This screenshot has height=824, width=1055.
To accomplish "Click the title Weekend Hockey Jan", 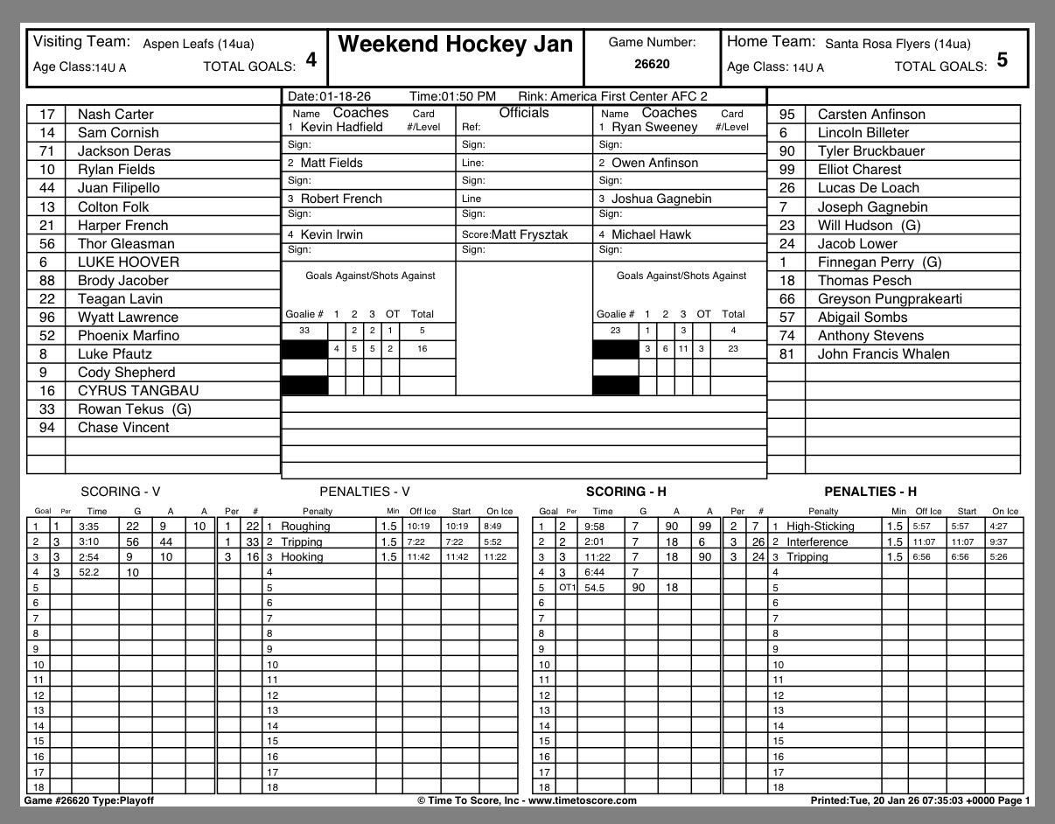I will click(455, 45).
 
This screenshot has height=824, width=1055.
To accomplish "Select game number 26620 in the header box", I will click(652, 64).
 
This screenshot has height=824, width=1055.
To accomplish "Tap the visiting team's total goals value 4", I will click(311, 60).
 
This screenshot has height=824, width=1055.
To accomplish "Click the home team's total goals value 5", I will click(1002, 60).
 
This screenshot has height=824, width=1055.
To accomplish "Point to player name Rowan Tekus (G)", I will click(135, 409).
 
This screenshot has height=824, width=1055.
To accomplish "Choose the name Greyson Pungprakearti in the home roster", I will click(890, 299).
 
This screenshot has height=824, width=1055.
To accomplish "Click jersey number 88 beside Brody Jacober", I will click(47, 281).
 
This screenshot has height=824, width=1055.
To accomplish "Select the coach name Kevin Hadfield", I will click(341, 128).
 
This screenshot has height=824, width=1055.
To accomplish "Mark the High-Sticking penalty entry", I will click(820, 527).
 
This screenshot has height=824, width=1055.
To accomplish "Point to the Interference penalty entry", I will click(817, 541).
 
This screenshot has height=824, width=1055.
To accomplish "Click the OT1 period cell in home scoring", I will click(569, 588).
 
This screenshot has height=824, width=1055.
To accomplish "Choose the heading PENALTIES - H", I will click(870, 492).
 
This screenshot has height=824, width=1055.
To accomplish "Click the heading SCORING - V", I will click(120, 492).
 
